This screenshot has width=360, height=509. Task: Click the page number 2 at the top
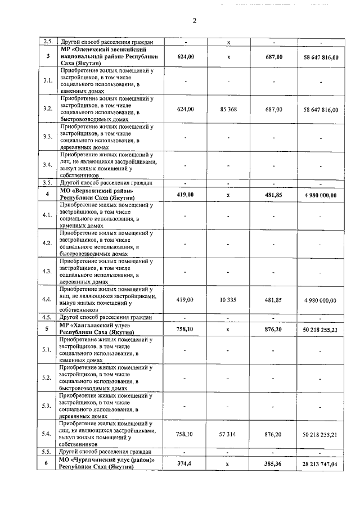click(x=194, y=21)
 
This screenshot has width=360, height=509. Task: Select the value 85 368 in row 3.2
click(x=228, y=109)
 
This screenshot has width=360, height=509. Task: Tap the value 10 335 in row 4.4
click(x=228, y=300)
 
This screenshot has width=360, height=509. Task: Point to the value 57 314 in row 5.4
click(x=228, y=434)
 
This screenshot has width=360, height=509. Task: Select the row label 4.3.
click(x=48, y=271)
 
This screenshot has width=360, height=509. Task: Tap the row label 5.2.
click(x=48, y=377)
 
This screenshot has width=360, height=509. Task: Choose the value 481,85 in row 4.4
click(x=273, y=300)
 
